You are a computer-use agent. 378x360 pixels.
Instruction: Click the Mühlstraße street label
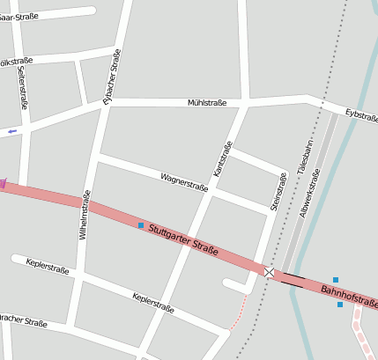(207, 103)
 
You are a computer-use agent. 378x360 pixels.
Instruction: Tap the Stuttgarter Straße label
(183, 239)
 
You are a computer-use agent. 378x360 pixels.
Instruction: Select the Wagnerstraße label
(184, 182)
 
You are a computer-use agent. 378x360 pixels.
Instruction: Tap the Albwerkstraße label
(311, 193)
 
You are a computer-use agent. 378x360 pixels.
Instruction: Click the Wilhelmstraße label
(85, 216)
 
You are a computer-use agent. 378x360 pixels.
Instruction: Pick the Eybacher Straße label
(112, 77)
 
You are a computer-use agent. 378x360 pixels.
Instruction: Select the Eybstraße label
(361, 115)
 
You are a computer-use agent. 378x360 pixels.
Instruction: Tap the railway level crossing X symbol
(269, 273)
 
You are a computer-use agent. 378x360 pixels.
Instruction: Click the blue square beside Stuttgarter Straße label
(141, 225)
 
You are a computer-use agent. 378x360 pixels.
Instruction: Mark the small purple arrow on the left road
(11, 132)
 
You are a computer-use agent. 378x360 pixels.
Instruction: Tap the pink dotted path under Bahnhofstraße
(363, 334)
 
